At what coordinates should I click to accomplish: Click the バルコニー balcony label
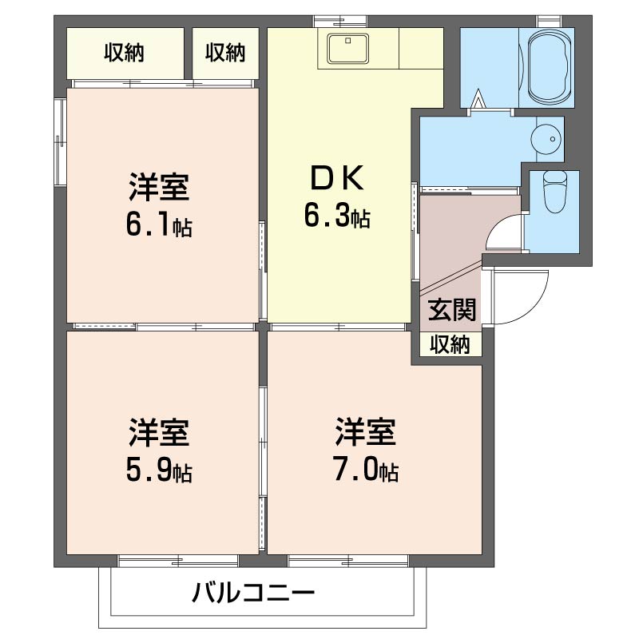254,593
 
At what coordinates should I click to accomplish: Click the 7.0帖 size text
365,470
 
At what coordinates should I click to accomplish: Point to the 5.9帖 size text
158,471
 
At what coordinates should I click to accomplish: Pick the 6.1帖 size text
158,226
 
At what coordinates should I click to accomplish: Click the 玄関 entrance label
452,309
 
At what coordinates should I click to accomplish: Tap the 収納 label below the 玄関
451,344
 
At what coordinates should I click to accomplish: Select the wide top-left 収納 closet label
124,53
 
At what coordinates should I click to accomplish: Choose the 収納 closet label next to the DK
225,53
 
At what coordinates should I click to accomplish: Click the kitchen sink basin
347,49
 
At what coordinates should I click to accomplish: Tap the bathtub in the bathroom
548,68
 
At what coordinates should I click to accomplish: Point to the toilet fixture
553,191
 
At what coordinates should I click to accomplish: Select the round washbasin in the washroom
547,139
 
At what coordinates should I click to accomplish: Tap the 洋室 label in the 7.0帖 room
365,433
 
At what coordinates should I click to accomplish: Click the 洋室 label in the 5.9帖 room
158,433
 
